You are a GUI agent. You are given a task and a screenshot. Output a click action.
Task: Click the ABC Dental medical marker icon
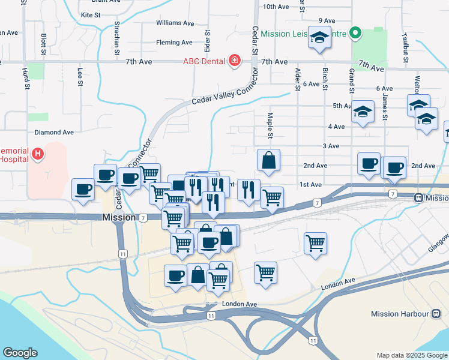click(234, 61)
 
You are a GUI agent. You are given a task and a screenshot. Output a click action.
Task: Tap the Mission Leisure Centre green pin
click(355, 33)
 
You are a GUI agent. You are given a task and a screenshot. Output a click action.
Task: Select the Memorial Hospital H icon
click(38, 154)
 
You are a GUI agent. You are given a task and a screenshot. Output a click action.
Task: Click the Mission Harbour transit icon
click(436, 313)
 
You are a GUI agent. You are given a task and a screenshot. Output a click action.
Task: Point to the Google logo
click(20, 353)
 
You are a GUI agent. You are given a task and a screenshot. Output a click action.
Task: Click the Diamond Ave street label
click(54, 132)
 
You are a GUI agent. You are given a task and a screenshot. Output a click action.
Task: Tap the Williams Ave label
click(175, 23)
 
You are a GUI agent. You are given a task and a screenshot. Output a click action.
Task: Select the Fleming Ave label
click(174, 43)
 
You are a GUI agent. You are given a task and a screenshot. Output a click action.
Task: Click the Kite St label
click(90, 14)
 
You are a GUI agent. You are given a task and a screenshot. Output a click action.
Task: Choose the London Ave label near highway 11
click(240, 304)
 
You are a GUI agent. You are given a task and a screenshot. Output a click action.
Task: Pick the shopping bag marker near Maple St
click(268, 160)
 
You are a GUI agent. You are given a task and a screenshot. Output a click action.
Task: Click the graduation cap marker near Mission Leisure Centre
click(319, 37)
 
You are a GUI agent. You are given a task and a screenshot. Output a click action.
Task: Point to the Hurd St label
click(26, 78)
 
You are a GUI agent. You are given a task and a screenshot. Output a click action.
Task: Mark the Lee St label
click(80, 76)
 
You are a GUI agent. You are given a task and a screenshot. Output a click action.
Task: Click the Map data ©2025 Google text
click(411, 355)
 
